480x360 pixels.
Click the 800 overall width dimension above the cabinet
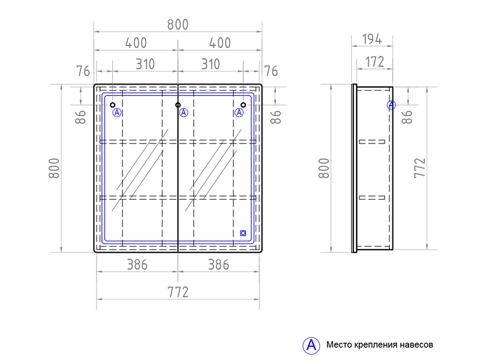(178, 25)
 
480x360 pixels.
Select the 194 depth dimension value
(372, 39)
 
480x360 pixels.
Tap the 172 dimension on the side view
(374, 62)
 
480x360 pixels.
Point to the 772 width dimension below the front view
(178, 292)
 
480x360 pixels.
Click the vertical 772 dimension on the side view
(420, 168)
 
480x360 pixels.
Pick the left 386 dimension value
(137, 265)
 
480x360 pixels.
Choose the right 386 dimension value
(218, 265)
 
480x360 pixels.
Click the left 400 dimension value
(136, 43)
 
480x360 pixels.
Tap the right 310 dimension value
(211, 64)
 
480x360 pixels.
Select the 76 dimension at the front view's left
(83, 71)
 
